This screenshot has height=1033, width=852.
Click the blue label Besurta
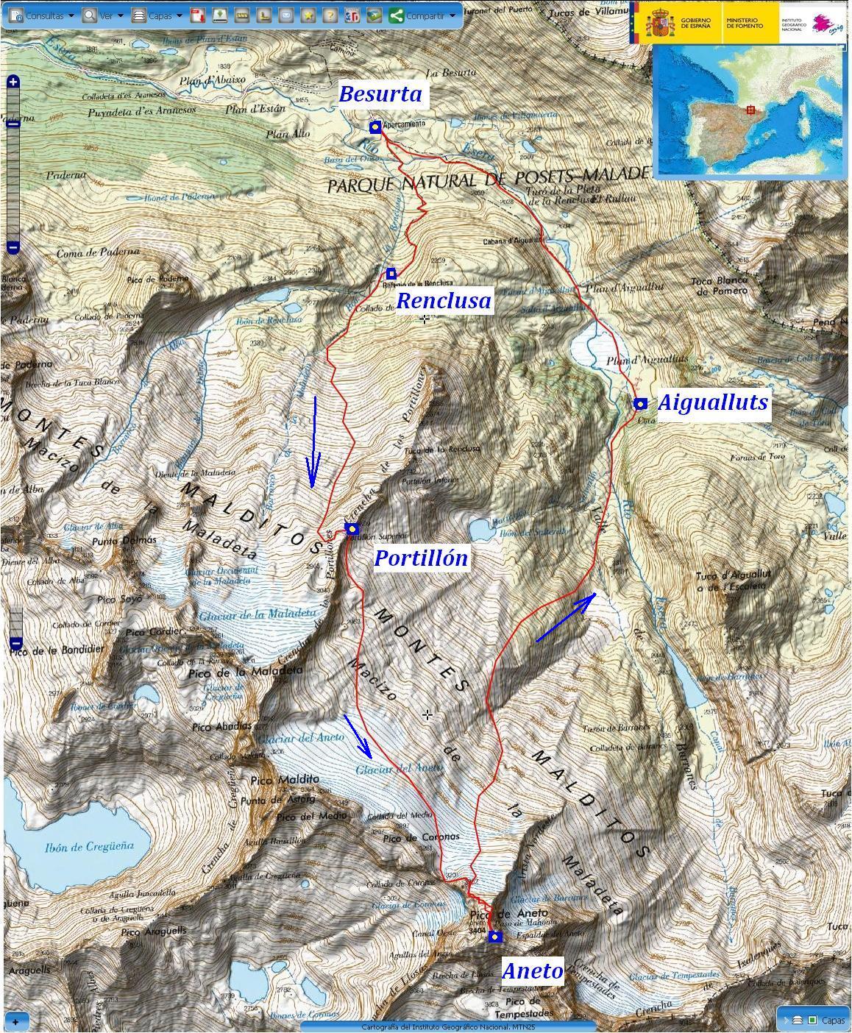[380, 94]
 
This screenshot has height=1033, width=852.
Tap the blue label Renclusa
[444, 300]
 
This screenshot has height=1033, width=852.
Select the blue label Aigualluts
[712, 402]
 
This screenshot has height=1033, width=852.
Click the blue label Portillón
[421, 558]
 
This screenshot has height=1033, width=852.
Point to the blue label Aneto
[533, 970]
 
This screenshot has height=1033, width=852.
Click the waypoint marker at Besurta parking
[375, 127]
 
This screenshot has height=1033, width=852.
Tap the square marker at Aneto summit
[495, 937]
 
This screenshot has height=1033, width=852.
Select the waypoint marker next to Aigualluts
[640, 403]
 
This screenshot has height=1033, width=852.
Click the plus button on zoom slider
[13, 82]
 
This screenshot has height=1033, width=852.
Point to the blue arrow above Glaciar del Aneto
[358, 734]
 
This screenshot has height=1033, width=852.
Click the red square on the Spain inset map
[750, 110]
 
